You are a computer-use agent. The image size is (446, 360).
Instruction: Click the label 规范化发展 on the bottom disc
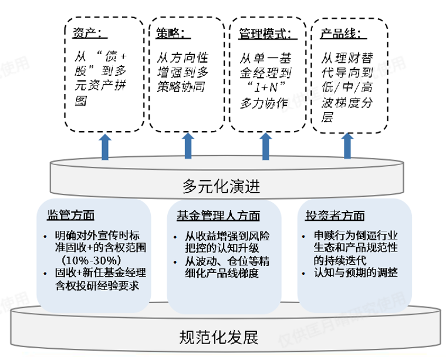pyautogui.click(x=218, y=338)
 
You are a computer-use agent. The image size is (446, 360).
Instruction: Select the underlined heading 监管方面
pyautogui.click(x=70, y=215)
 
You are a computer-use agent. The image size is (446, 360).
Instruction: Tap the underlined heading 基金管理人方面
pyautogui.click(x=218, y=216)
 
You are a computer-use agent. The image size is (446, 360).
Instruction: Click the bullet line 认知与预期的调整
pyautogui.click(x=355, y=272)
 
